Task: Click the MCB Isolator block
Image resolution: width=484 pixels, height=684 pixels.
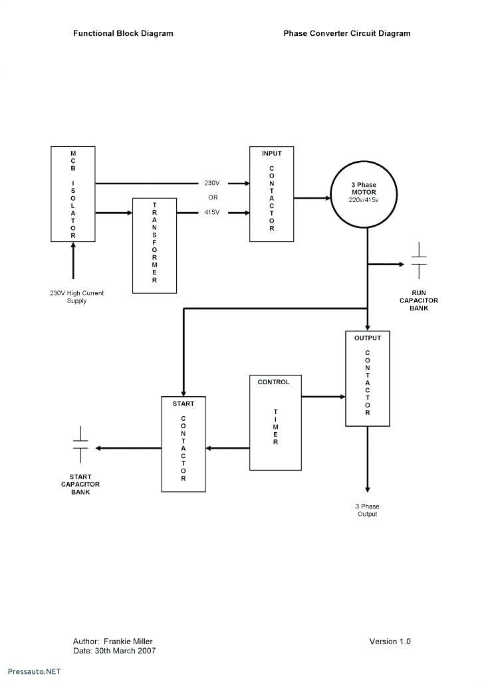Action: [x=73, y=194]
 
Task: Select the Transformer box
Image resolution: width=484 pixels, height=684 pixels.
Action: [x=155, y=245]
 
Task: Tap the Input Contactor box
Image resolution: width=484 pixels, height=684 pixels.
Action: [x=271, y=194]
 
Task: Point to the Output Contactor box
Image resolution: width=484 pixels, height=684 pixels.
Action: [x=368, y=378]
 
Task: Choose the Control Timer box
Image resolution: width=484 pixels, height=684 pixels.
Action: [x=275, y=422]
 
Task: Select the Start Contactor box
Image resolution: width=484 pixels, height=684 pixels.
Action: [x=184, y=444]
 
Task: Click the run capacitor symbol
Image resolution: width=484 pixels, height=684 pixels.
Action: [x=419, y=261]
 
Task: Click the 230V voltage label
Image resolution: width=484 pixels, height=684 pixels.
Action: [x=212, y=183]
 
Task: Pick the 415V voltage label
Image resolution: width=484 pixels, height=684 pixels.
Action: [x=212, y=213]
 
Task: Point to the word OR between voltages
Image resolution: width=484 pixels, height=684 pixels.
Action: [x=213, y=197]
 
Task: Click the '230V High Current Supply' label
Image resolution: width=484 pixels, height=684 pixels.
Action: [x=77, y=297]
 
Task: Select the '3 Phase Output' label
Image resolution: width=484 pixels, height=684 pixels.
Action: [x=366, y=510]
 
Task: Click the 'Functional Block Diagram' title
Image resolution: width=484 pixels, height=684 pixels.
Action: [x=123, y=33]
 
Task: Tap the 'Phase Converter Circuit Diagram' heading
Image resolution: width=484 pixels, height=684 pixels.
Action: [x=347, y=33]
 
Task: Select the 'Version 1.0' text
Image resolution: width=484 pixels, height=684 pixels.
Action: [x=390, y=641]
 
